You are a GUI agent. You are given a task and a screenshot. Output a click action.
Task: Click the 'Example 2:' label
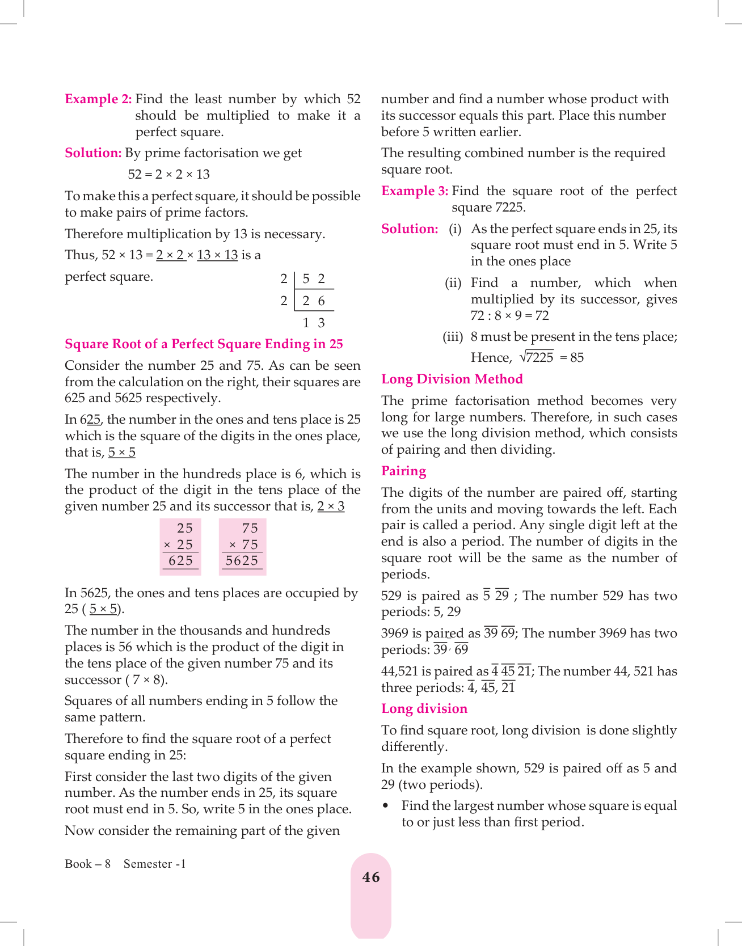point(98,99)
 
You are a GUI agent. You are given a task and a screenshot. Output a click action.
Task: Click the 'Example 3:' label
point(415,191)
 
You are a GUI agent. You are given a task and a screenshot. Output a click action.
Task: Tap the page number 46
point(371,877)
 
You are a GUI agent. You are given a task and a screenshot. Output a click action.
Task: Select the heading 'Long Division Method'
point(452,379)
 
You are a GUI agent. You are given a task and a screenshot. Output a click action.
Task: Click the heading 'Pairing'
point(403,471)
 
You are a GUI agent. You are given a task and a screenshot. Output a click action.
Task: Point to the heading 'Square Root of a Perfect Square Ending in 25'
point(204,344)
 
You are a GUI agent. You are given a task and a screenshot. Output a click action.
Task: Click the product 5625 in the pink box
point(242,561)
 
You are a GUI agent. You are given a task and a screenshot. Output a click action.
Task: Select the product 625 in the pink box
point(180,561)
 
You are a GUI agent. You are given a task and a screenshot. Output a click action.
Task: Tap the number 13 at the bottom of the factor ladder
point(314,323)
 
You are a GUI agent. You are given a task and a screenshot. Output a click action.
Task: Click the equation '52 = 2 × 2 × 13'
point(168,175)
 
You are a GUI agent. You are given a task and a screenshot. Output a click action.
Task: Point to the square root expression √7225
point(537,357)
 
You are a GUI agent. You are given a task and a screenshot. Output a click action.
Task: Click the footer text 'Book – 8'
point(87,864)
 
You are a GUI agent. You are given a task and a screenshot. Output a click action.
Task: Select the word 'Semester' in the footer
point(148,864)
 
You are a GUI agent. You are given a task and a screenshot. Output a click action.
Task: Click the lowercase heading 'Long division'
point(424,709)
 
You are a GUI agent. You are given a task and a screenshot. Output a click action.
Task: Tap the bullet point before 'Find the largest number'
point(386,806)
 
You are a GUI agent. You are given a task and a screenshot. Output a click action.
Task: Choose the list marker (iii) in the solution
point(453,337)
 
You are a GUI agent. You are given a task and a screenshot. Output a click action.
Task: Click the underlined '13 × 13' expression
point(217,255)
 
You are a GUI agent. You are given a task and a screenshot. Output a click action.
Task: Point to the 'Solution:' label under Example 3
point(410,229)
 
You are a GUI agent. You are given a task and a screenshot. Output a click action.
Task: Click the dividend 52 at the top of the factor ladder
point(314,279)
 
